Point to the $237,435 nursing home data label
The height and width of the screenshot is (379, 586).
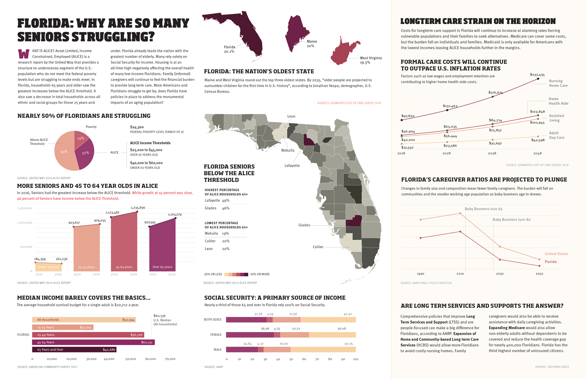pyautogui.click(x=537, y=75)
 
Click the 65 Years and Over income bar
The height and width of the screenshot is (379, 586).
pyautogui.click(x=74, y=349)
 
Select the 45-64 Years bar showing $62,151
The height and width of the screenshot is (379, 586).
pyautogui.click(x=93, y=342)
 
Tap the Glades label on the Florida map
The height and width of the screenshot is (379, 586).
pyautogui.click(x=304, y=225)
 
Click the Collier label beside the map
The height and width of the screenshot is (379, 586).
pyautogui.click(x=318, y=247)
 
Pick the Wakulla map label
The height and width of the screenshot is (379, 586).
pyautogui.click(x=288, y=150)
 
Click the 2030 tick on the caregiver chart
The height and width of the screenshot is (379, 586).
pyautogui.click(x=500, y=274)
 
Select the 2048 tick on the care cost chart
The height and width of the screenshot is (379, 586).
pyautogui.click(x=537, y=153)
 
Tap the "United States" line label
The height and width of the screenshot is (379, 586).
pyautogui.click(x=556, y=254)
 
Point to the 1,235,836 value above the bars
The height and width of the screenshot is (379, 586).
pyautogui.click(x=138, y=208)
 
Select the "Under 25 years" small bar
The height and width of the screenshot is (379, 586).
pyautogui.click(x=48, y=267)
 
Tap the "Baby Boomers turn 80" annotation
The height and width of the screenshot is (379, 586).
pyautogui.click(x=511, y=220)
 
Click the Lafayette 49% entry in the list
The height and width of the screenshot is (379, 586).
pyautogui.click(x=217, y=201)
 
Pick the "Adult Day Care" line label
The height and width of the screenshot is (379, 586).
pyautogui.click(x=556, y=135)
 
